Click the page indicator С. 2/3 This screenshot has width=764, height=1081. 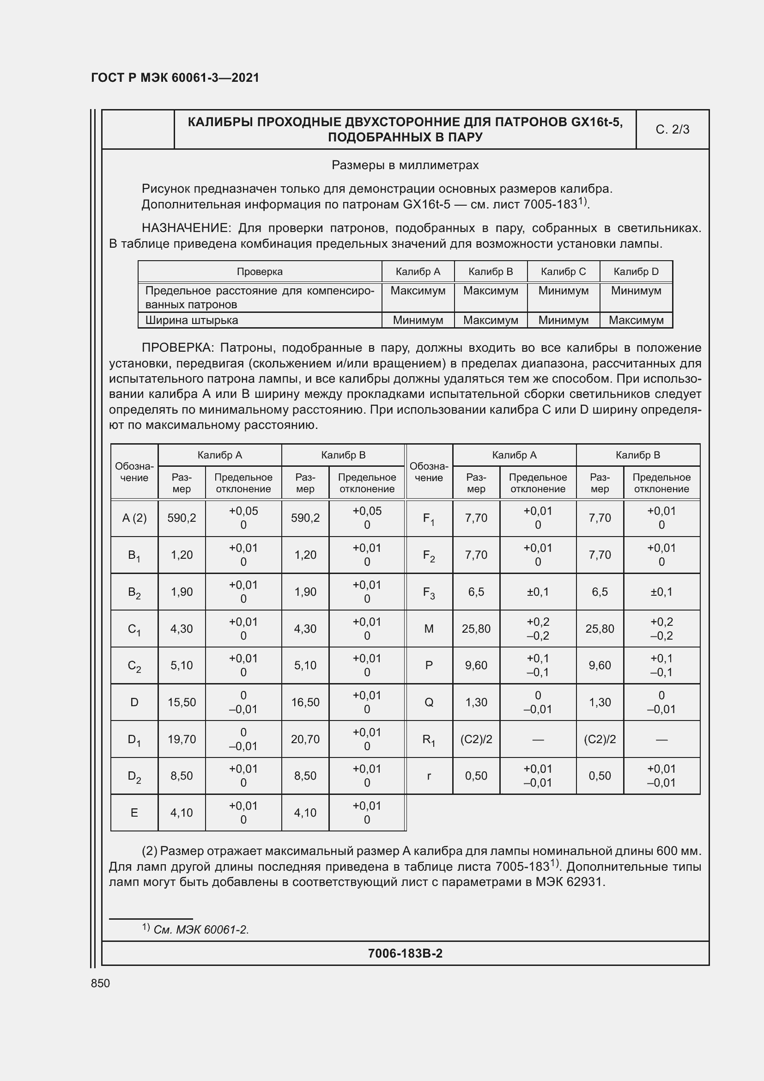coord(672,129)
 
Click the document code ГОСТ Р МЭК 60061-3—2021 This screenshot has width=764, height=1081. coord(175,78)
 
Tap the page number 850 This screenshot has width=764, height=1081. coord(100,983)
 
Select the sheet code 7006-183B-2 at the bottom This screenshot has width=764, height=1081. coord(405,953)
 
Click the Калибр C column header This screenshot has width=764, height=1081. coord(563,272)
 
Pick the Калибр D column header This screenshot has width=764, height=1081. coord(636,272)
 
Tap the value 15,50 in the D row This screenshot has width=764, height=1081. coord(182,702)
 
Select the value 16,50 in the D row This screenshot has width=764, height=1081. coord(305,702)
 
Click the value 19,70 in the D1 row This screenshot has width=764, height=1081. coord(182,739)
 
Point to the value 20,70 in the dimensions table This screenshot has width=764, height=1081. coord(305,739)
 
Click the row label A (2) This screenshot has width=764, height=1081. coord(134,518)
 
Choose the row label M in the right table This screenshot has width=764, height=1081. coord(429,629)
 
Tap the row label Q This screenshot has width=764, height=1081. coord(429,702)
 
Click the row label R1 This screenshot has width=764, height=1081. coord(429,739)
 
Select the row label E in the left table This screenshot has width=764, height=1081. coord(134,812)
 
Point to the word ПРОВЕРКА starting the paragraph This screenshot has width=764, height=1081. coord(177,348)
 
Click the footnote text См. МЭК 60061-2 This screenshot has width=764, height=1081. coord(201,930)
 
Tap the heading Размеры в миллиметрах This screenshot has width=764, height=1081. coord(405,165)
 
